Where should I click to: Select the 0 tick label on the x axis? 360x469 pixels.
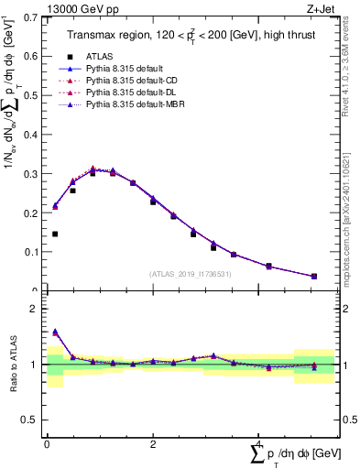(x=47, y=442)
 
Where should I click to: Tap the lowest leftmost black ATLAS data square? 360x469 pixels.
(x=55, y=234)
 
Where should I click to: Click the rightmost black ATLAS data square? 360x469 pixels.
(x=313, y=277)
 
